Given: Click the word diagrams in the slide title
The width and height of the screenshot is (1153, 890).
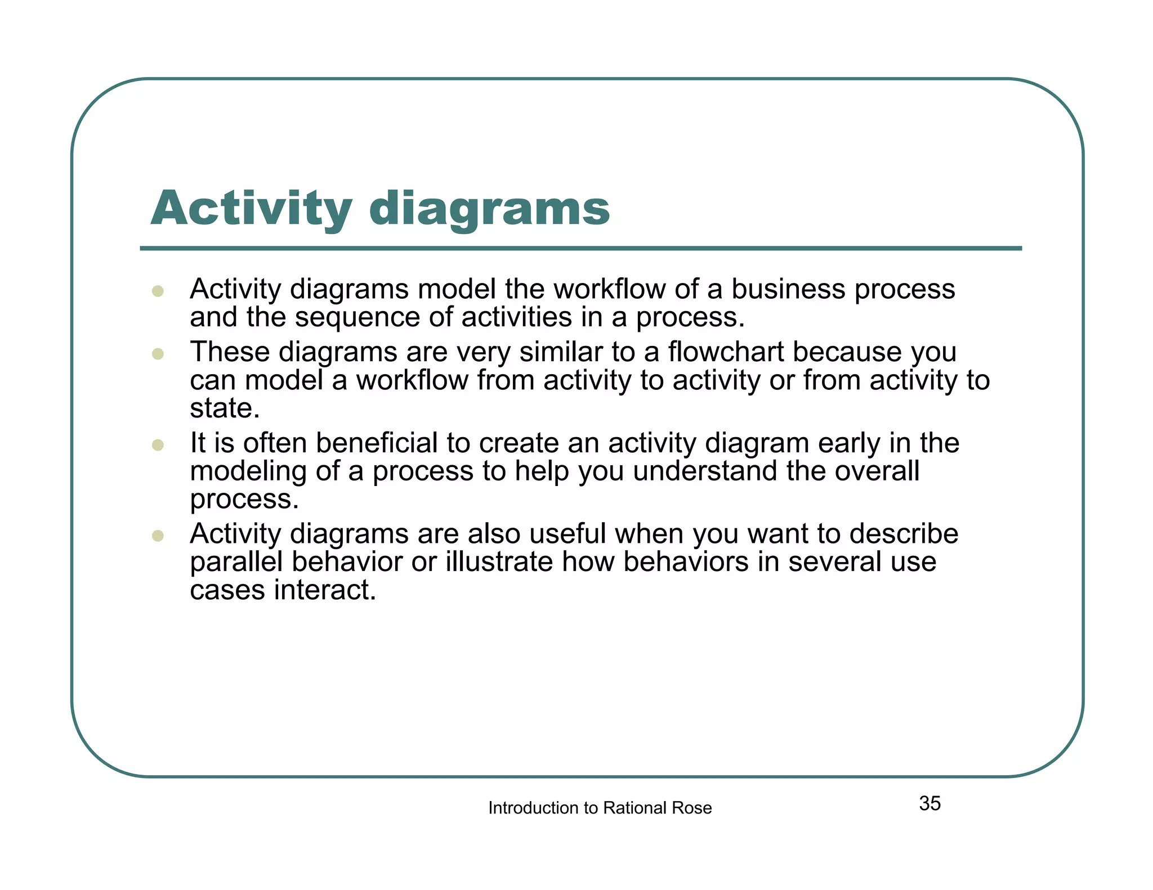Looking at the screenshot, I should coord(489,209).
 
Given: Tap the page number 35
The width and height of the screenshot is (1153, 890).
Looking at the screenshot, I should coord(929,803).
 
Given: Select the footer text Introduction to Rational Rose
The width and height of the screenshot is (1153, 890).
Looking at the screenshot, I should coord(600,808).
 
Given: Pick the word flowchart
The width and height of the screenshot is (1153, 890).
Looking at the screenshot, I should coord(726,352).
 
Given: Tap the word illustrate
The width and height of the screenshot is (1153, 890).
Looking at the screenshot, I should coord(499,562).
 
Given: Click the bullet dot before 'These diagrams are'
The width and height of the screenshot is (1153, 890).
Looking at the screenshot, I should coord(158,354).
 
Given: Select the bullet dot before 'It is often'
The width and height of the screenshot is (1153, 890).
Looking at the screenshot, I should coord(158,445).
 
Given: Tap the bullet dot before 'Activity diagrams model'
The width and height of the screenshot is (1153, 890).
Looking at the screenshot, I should coord(158,291).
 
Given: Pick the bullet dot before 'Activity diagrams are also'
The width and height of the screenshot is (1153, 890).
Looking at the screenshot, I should coord(158,536).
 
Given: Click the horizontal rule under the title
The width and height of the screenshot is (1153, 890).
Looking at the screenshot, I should coord(580,248).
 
